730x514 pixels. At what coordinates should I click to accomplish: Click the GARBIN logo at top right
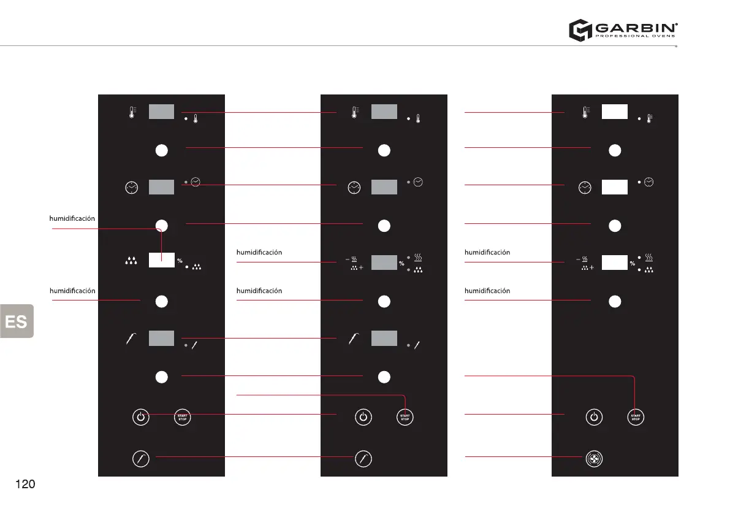tap(623, 29)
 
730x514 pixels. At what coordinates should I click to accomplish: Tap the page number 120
tap(25, 485)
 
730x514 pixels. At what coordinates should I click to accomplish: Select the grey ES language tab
tap(17, 321)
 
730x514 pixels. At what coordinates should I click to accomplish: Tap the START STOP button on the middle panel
tap(405, 417)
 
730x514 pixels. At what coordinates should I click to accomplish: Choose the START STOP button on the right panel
tap(636, 417)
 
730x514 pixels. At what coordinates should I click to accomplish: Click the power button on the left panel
tap(141, 417)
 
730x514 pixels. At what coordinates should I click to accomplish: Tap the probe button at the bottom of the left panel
tap(141, 458)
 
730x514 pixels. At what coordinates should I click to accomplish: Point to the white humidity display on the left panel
tap(162, 261)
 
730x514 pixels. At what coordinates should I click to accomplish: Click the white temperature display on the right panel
tap(614, 112)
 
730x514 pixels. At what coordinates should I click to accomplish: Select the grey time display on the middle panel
tap(384, 187)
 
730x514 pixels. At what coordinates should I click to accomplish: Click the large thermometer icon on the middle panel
tap(355, 112)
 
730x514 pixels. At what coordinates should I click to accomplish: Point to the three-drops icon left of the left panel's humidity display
tap(131, 261)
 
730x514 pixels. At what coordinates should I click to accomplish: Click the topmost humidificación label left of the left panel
tap(72, 218)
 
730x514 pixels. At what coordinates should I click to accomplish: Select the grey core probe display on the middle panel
tap(384, 338)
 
